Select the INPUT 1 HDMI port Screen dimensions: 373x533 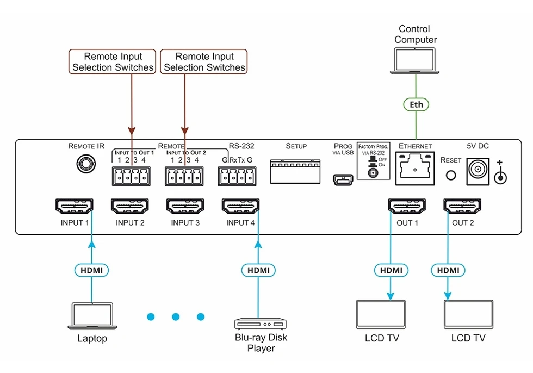click(x=75, y=206)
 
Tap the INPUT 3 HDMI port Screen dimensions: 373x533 click(x=185, y=206)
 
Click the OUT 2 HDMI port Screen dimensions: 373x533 click(x=462, y=206)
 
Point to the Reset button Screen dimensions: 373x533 click(x=450, y=175)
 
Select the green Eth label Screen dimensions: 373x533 click(x=416, y=104)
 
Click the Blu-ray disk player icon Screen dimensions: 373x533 click(x=259, y=324)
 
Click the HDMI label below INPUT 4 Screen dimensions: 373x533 click(x=258, y=270)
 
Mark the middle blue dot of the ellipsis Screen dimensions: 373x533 click(x=176, y=316)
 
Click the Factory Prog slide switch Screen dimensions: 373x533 click(x=373, y=171)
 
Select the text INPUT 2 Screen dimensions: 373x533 click(x=130, y=223)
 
